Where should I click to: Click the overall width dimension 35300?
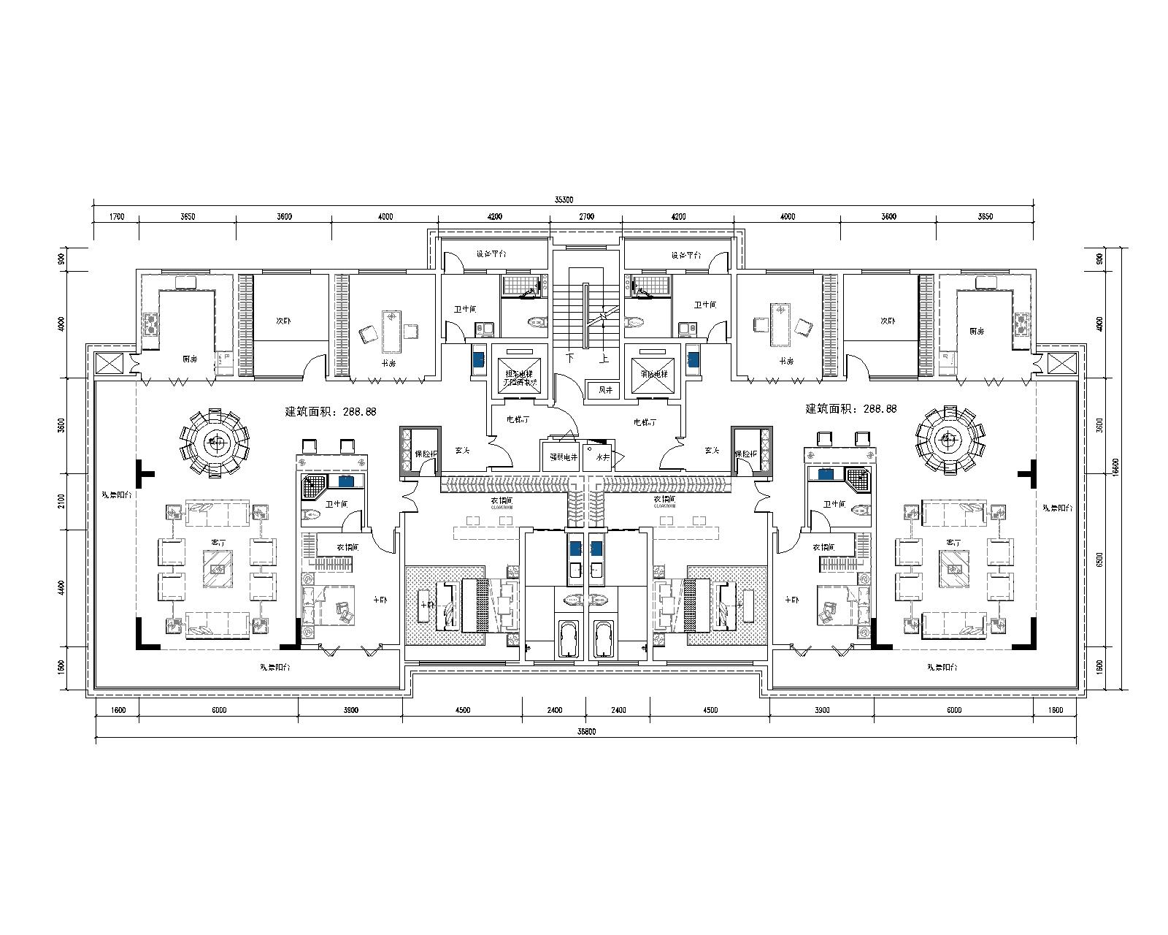click(564, 199)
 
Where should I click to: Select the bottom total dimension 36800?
click(585, 732)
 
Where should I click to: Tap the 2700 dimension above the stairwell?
click(586, 216)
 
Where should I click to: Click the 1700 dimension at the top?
click(116, 216)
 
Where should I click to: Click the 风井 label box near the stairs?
click(605, 390)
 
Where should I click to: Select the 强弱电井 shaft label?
click(559, 457)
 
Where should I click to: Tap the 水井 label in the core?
click(602, 457)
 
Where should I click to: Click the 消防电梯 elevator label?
click(653, 373)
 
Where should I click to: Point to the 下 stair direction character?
click(570, 359)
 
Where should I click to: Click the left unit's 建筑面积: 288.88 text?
click(331, 411)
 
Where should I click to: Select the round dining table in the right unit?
click(948, 440)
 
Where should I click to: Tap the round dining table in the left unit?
click(215, 440)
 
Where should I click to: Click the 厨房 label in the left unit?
click(190, 359)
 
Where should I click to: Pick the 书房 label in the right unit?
click(786, 362)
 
